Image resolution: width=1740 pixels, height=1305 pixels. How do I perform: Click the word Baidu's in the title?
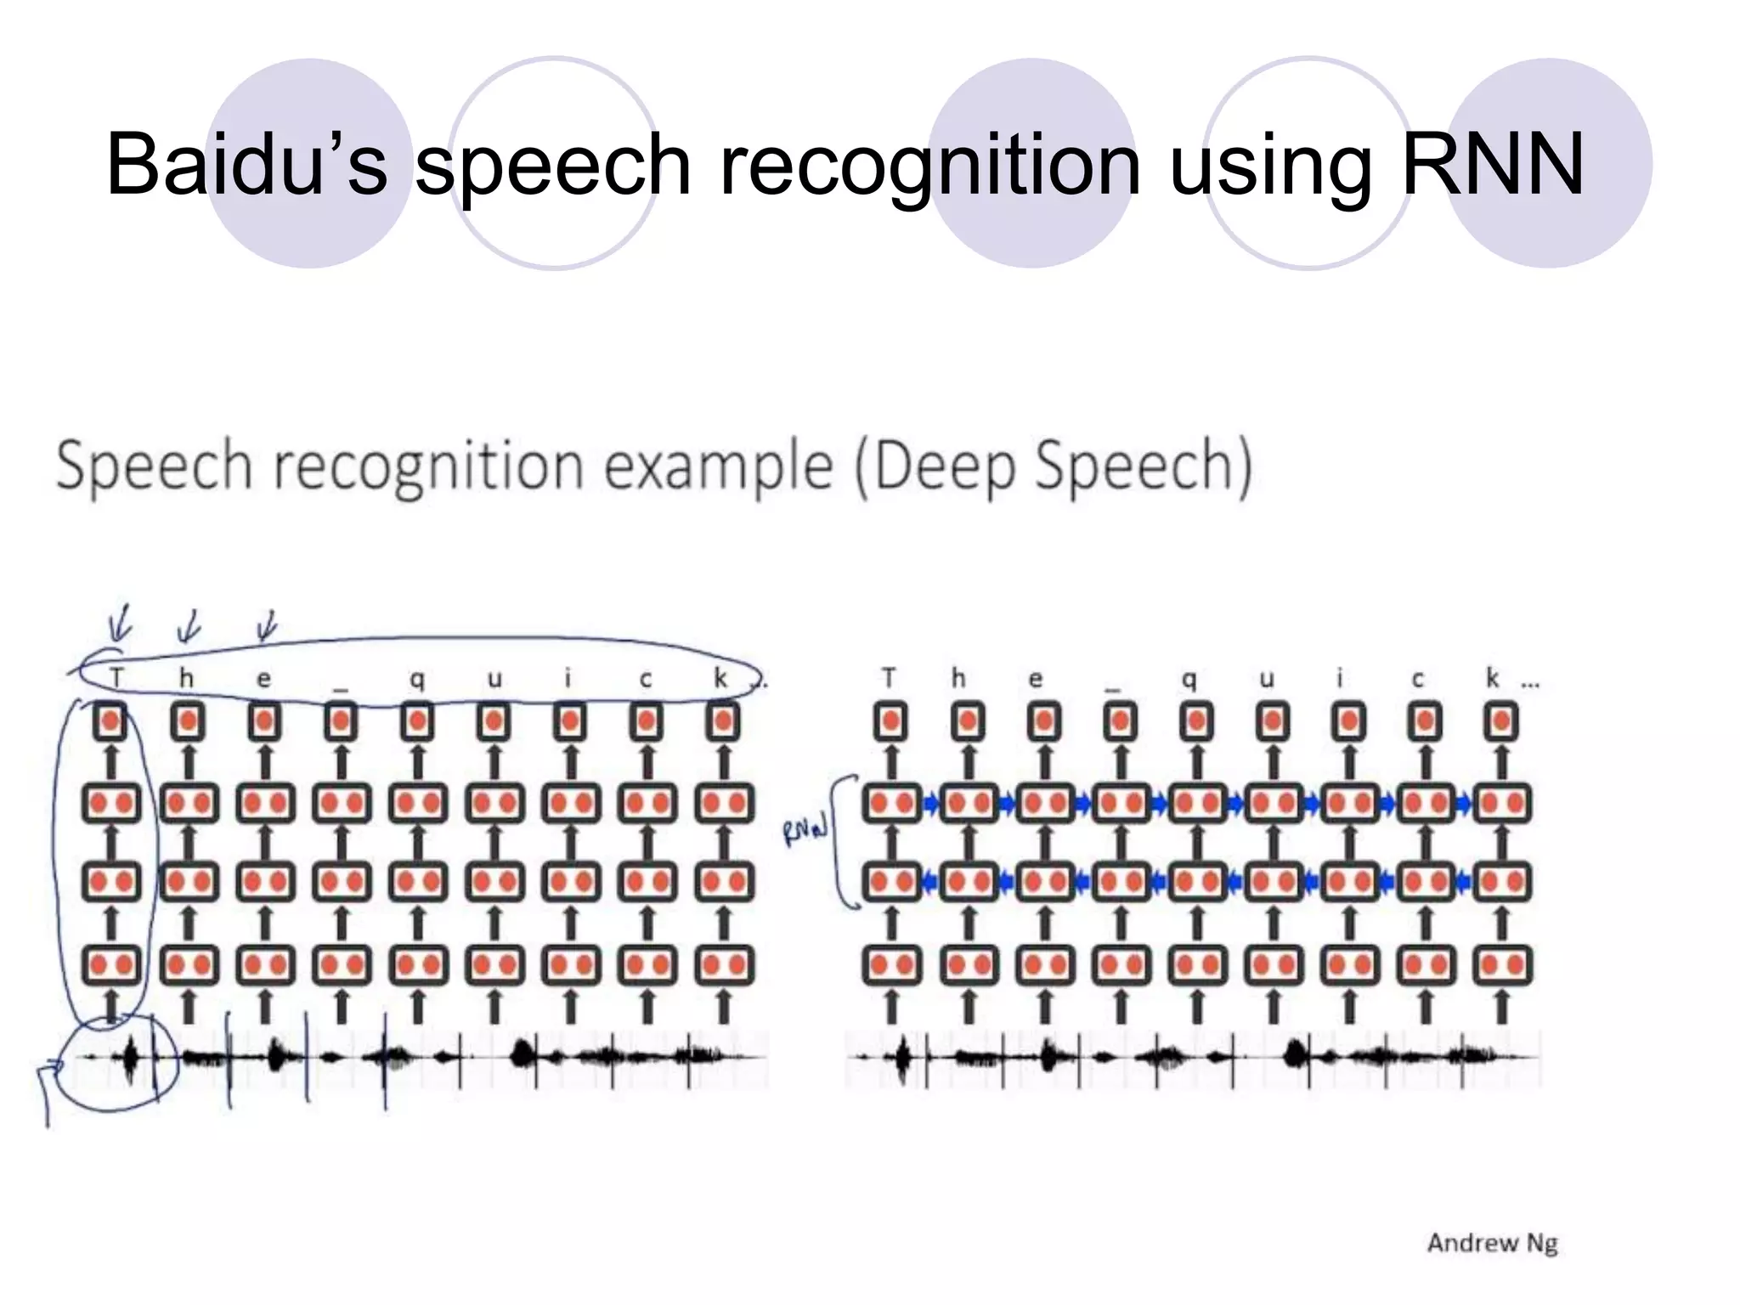(246, 163)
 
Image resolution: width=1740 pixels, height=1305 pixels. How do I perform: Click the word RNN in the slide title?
(1492, 163)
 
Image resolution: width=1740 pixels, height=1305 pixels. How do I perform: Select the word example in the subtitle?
(718, 467)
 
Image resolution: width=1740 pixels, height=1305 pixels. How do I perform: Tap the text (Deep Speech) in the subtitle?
(1054, 467)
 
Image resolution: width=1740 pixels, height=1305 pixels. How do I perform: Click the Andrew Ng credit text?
(1492, 1243)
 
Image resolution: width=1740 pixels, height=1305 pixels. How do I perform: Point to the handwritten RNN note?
(804, 832)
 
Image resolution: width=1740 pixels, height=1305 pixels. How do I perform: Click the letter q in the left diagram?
(417, 679)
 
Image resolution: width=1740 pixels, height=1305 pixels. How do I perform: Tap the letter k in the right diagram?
(1493, 678)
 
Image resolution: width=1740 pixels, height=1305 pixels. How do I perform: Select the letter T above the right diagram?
(889, 678)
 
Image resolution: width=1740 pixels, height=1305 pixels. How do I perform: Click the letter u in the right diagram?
(1266, 679)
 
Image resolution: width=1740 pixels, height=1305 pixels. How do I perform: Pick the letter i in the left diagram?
(568, 678)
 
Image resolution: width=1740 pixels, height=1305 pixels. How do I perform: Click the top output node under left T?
(110, 722)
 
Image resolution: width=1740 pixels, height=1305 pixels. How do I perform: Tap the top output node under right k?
(1501, 722)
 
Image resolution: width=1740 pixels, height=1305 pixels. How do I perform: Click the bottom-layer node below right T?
(891, 965)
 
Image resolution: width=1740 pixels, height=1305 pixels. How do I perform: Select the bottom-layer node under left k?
(724, 965)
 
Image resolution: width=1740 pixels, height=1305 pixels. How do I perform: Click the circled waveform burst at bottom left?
(130, 1059)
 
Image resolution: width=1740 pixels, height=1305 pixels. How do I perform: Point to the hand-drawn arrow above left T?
(121, 624)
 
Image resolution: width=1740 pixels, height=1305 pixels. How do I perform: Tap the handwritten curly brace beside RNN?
(843, 841)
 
